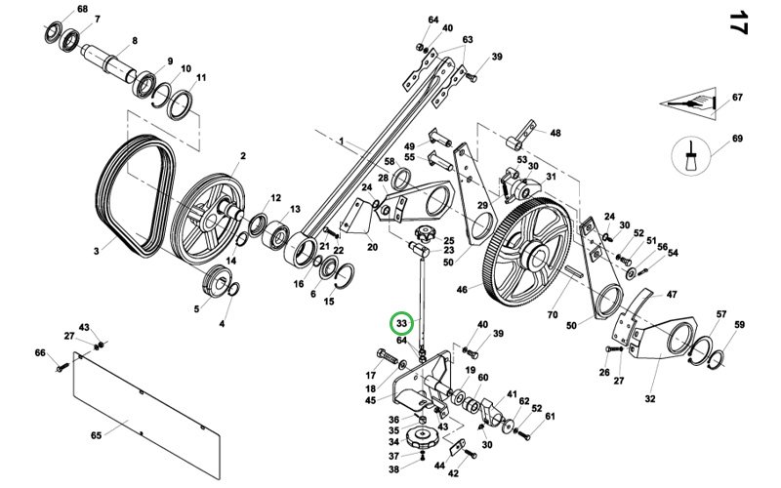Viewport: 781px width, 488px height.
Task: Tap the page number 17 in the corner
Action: pos(739,23)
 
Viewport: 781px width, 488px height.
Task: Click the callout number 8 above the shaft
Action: pos(134,40)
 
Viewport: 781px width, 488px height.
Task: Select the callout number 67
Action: pos(738,97)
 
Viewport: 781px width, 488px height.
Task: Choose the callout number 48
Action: pos(555,133)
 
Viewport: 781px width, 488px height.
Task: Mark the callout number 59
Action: pos(739,325)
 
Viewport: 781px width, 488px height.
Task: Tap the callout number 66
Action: pos(40,352)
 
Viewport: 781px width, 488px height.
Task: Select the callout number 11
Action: pos(201,78)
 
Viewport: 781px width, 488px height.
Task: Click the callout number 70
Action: pos(552,316)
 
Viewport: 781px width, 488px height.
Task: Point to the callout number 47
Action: pos(670,293)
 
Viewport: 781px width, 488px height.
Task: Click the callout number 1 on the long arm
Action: pos(343,142)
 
